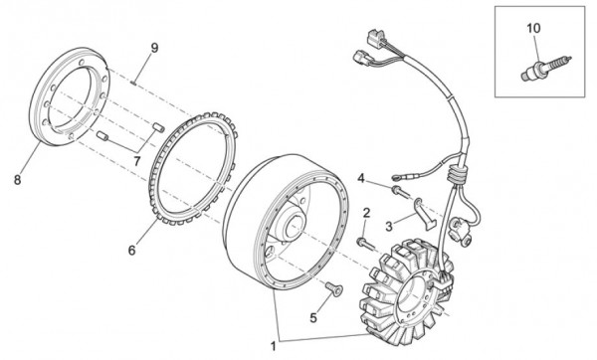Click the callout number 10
[x=533, y=29]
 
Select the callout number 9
[x=155, y=48]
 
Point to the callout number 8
[x=17, y=180]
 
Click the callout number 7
[x=138, y=161]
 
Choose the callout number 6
[x=130, y=252]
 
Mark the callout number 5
[x=313, y=319]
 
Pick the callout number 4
[x=362, y=178]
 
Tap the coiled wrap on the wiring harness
[x=457, y=176]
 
